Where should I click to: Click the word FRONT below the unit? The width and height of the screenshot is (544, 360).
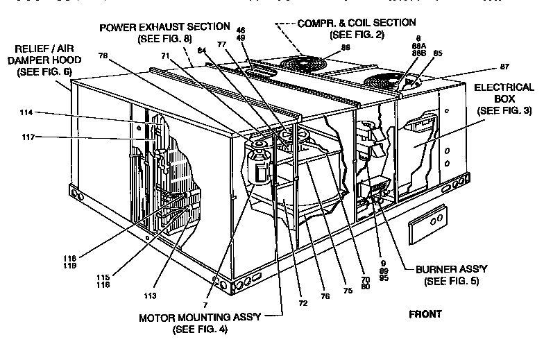pyautogui.click(x=425, y=314)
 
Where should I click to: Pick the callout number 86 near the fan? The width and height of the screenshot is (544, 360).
pyautogui.click(x=345, y=47)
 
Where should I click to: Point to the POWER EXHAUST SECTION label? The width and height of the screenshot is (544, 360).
pyautogui.click(x=164, y=26)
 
